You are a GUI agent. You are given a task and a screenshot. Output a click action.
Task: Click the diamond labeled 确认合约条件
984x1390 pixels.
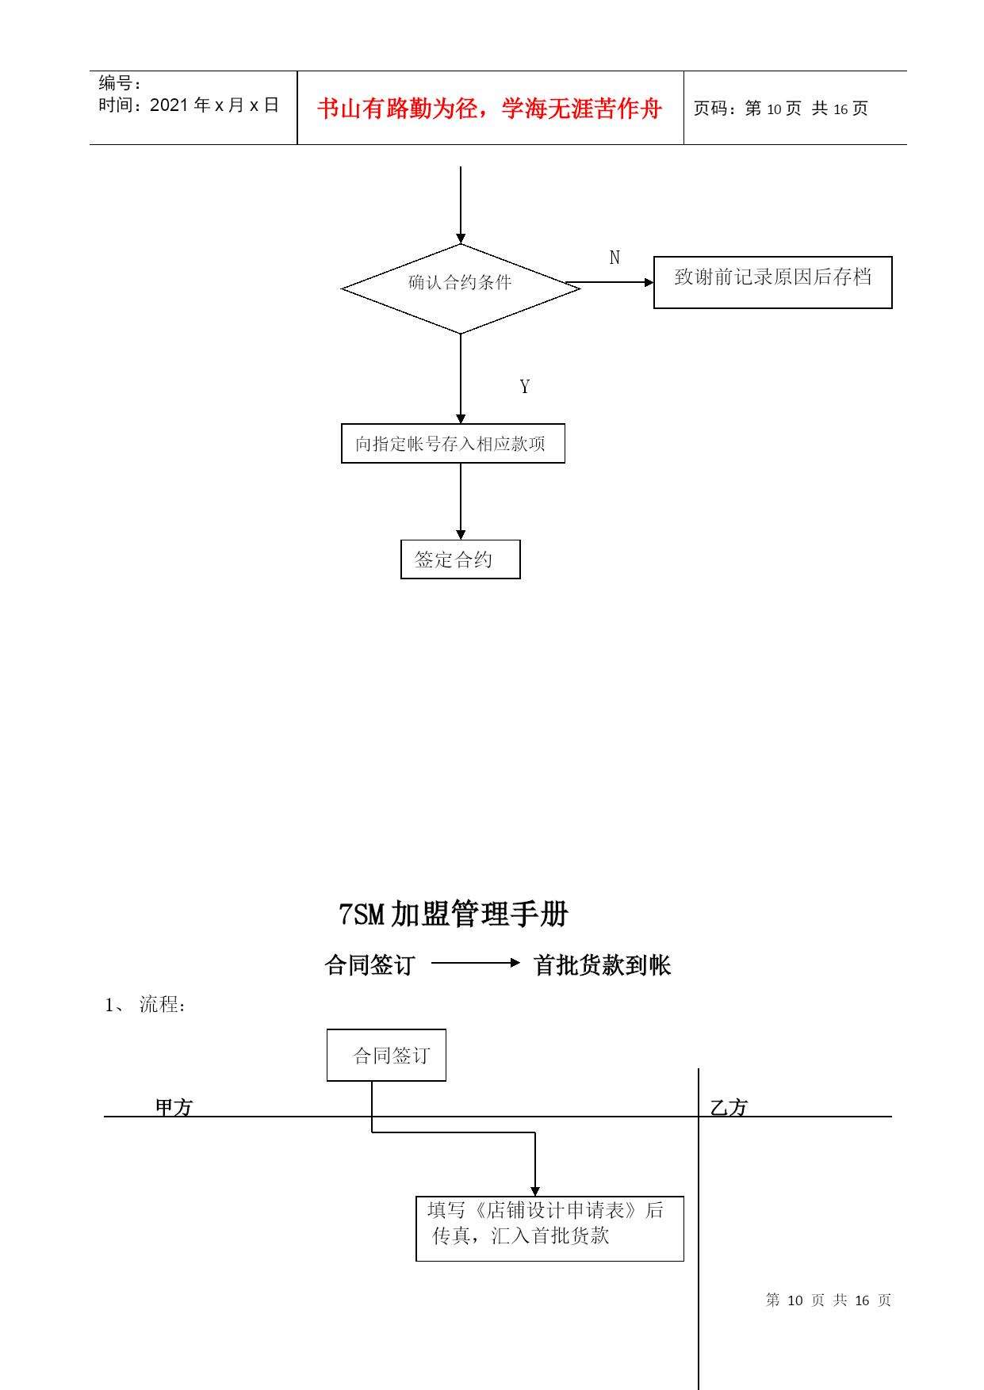[461, 288]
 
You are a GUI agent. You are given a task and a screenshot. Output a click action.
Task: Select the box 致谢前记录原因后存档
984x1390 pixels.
[772, 282]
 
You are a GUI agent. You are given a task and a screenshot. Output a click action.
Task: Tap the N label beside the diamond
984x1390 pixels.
[615, 258]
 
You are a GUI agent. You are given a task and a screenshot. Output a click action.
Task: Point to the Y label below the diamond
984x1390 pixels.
[524, 387]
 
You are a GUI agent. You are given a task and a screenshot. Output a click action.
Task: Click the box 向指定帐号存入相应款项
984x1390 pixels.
[453, 444]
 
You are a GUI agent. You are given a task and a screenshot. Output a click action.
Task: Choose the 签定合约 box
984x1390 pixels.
[461, 559]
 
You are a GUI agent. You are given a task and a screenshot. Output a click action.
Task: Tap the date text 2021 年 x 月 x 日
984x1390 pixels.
[214, 105]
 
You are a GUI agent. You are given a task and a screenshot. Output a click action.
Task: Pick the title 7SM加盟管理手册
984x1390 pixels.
[454, 914]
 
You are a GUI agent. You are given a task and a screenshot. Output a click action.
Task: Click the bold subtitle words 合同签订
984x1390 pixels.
[370, 964]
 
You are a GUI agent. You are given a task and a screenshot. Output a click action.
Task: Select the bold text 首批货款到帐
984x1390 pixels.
[603, 964]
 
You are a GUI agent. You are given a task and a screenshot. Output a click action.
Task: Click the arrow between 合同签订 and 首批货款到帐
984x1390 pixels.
[476, 963]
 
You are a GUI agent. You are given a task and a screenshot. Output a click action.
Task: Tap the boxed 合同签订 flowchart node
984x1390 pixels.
[386, 1055]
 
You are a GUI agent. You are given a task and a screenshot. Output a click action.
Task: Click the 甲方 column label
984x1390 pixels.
[174, 1107]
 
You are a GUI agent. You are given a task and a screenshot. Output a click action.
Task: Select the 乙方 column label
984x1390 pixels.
[729, 1107]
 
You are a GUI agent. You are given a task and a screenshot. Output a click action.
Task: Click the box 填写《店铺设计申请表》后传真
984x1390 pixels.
[549, 1228]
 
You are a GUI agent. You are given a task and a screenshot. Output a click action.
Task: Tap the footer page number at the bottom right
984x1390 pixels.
[829, 1300]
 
